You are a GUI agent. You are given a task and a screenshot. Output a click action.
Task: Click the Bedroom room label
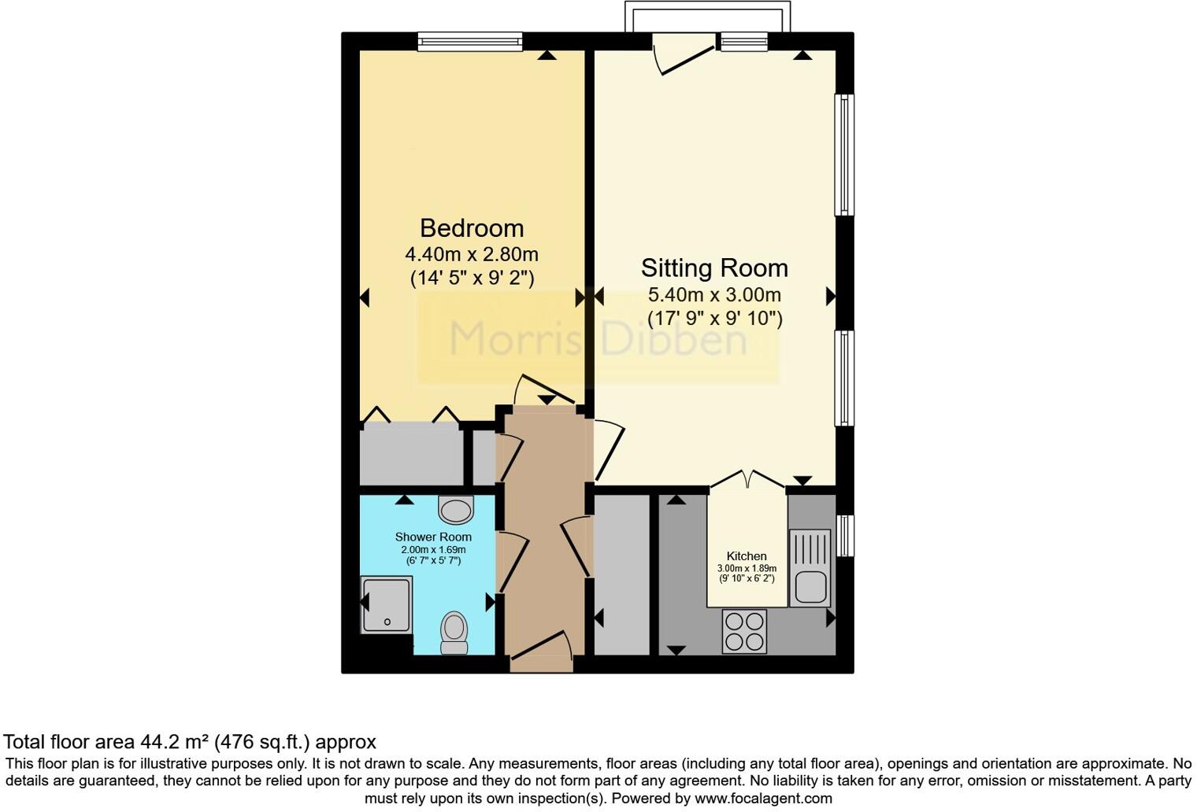471,228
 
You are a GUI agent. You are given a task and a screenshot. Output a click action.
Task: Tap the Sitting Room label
713,268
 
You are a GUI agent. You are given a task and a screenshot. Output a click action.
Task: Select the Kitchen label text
746,556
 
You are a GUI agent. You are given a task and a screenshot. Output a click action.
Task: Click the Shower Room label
433,537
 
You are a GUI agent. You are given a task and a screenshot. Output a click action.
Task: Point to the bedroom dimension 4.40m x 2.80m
471,254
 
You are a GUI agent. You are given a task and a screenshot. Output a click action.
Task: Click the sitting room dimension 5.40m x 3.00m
713,295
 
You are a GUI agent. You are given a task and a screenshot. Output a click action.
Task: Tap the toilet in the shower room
454,632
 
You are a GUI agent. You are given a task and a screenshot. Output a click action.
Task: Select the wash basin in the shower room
456,510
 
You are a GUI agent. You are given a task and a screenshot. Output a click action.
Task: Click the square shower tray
386,604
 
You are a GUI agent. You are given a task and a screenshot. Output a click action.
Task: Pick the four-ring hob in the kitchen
744,631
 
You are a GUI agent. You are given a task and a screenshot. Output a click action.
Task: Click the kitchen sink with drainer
810,567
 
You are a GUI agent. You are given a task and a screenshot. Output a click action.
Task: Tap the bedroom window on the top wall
469,41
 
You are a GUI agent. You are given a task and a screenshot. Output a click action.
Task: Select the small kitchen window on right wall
845,535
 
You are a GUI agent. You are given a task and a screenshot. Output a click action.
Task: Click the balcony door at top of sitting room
684,55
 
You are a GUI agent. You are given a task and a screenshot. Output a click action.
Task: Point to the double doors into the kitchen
747,480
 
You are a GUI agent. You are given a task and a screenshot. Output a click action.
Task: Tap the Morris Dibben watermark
597,339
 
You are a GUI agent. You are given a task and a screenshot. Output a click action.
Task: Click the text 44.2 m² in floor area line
176,742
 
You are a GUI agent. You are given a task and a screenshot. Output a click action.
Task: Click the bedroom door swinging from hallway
542,389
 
